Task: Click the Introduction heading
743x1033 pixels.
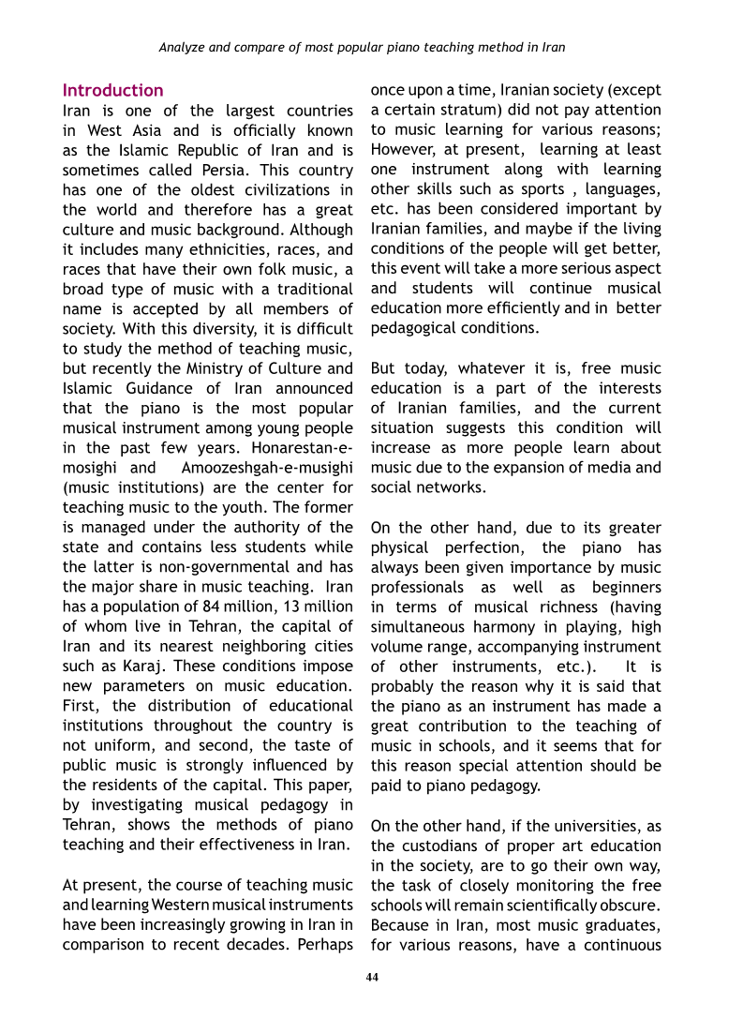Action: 112,91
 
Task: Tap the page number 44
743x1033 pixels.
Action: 372,978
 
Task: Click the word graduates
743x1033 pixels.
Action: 627,925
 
